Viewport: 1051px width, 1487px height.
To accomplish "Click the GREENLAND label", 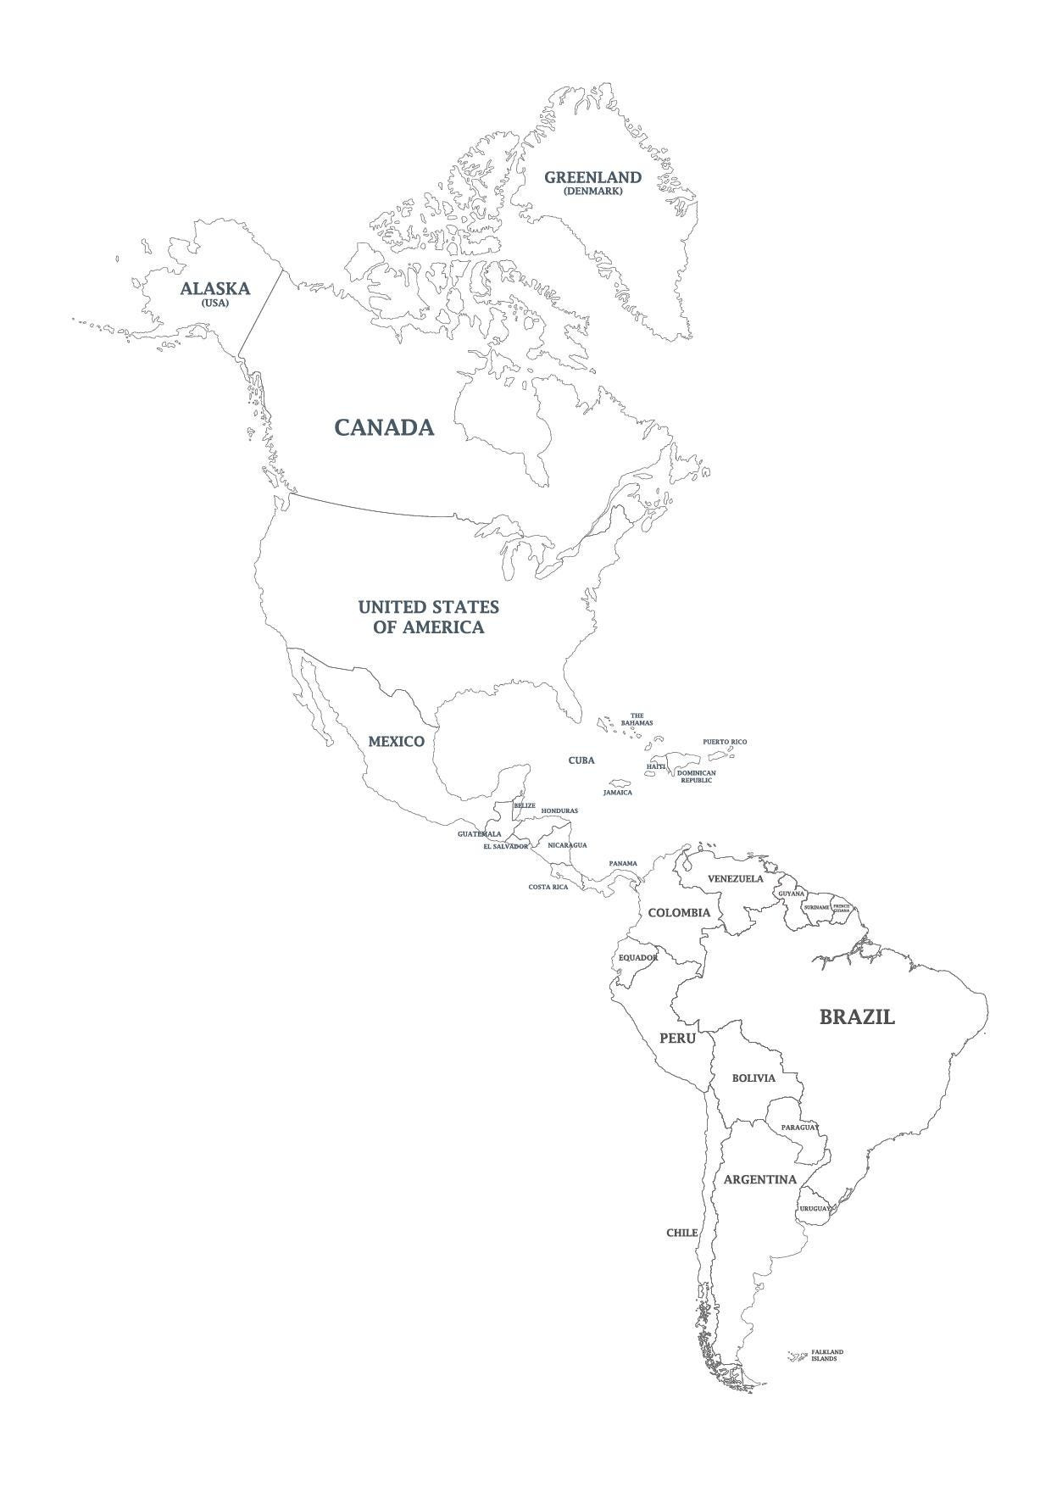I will [592, 177].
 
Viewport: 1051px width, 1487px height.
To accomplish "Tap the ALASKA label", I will [214, 288].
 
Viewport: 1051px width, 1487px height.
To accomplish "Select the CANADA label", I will [384, 427].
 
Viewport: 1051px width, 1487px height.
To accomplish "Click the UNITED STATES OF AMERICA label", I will [428, 617].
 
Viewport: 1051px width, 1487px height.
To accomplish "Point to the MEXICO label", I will [396, 742].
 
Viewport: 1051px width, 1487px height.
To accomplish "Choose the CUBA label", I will [581, 760].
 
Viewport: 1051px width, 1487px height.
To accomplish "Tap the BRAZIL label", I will [856, 1017].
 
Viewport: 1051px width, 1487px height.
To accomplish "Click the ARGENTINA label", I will [759, 1179].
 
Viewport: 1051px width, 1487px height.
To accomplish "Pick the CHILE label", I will [681, 1233].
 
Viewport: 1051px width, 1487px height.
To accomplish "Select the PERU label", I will [677, 1039].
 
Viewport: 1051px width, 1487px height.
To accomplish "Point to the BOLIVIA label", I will [753, 1078].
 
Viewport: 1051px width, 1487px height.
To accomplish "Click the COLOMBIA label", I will [679, 913].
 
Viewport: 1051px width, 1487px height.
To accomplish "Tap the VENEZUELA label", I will [736, 878].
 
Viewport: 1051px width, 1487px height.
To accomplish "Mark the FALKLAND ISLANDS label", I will [827, 1378].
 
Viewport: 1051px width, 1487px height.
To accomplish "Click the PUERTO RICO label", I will [725, 742].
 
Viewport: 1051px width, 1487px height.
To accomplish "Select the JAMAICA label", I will [617, 793].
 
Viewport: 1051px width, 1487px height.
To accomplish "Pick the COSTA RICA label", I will [548, 887].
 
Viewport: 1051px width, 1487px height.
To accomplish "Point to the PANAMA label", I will [623, 863].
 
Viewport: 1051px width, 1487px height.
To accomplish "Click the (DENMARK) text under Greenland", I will [592, 191].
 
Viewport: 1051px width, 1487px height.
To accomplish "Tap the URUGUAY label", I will [814, 1208].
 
